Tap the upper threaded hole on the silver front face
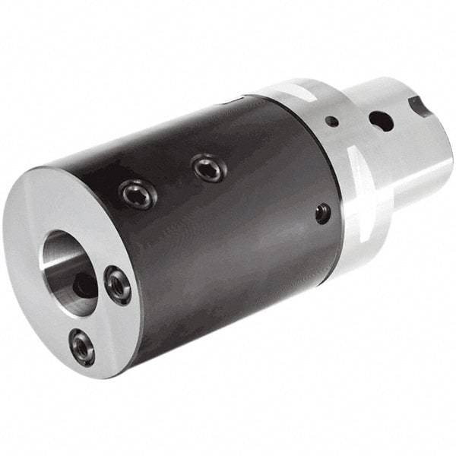[x=119, y=286]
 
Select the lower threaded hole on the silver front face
[x=81, y=346]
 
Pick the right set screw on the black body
[x=208, y=168]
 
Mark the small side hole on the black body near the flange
[x=323, y=214]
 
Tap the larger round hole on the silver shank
[x=379, y=120]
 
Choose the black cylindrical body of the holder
[x=228, y=228]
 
